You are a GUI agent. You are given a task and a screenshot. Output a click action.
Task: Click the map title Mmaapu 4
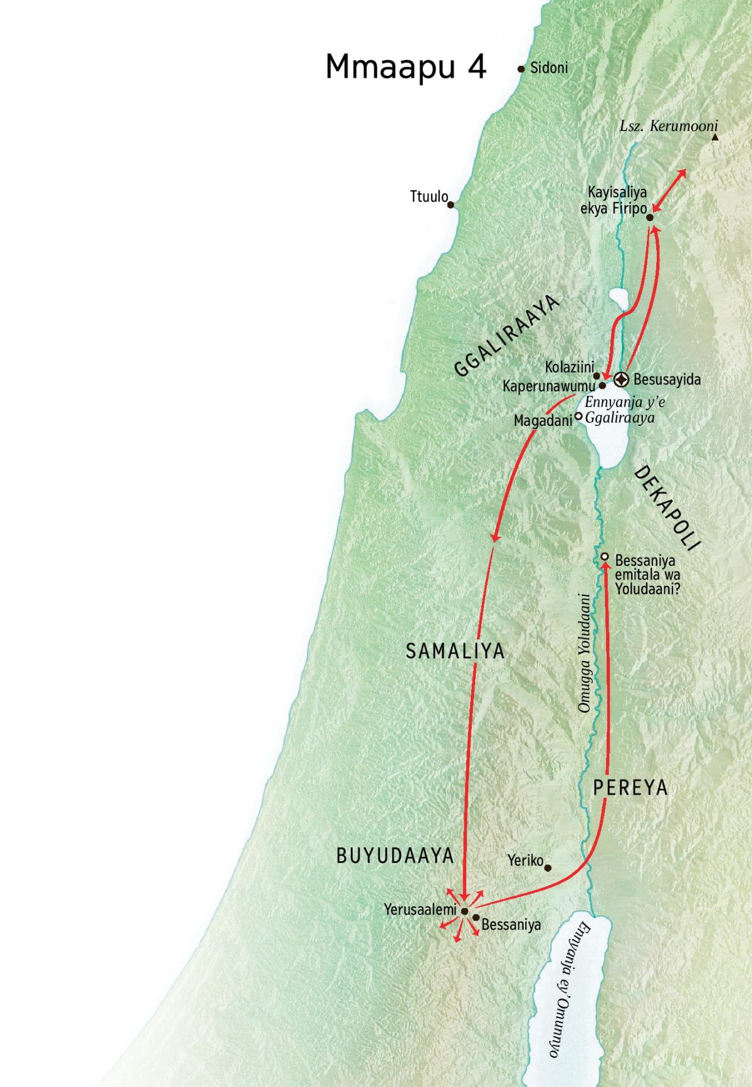pyautogui.click(x=405, y=67)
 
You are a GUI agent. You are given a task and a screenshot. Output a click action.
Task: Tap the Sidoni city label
pyautogui.click(x=549, y=68)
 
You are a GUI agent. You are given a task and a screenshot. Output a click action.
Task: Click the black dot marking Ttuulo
pyautogui.click(x=451, y=204)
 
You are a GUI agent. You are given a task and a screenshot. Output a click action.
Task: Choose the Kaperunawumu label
pyautogui.click(x=549, y=386)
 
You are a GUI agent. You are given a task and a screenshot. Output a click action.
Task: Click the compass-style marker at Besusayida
pyautogui.click(x=621, y=379)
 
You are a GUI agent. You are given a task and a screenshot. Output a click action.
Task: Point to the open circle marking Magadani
pyautogui.click(x=579, y=416)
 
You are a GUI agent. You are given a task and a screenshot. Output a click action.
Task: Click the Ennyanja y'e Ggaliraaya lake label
pyautogui.click(x=624, y=410)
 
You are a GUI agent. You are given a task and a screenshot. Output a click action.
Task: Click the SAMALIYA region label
pyautogui.click(x=455, y=651)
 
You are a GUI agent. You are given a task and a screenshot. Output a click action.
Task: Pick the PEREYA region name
pyautogui.click(x=630, y=788)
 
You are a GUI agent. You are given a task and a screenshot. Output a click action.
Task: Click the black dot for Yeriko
pyautogui.click(x=548, y=868)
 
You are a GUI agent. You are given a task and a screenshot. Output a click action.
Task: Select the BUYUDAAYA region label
pyautogui.click(x=395, y=856)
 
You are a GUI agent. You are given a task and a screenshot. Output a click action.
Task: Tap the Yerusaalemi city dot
pyautogui.click(x=464, y=911)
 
